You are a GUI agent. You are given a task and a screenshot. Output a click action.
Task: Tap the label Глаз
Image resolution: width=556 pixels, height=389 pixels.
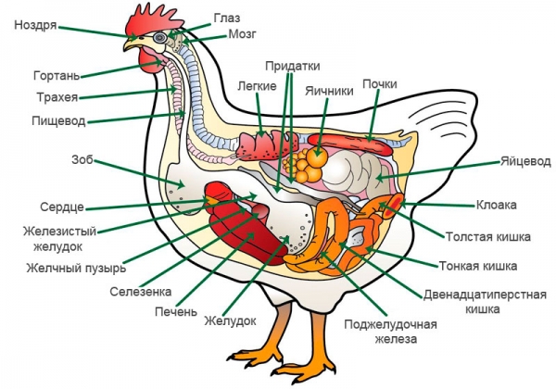[227, 18]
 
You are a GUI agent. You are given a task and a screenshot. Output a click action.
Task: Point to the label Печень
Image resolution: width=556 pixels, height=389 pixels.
[175, 311]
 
